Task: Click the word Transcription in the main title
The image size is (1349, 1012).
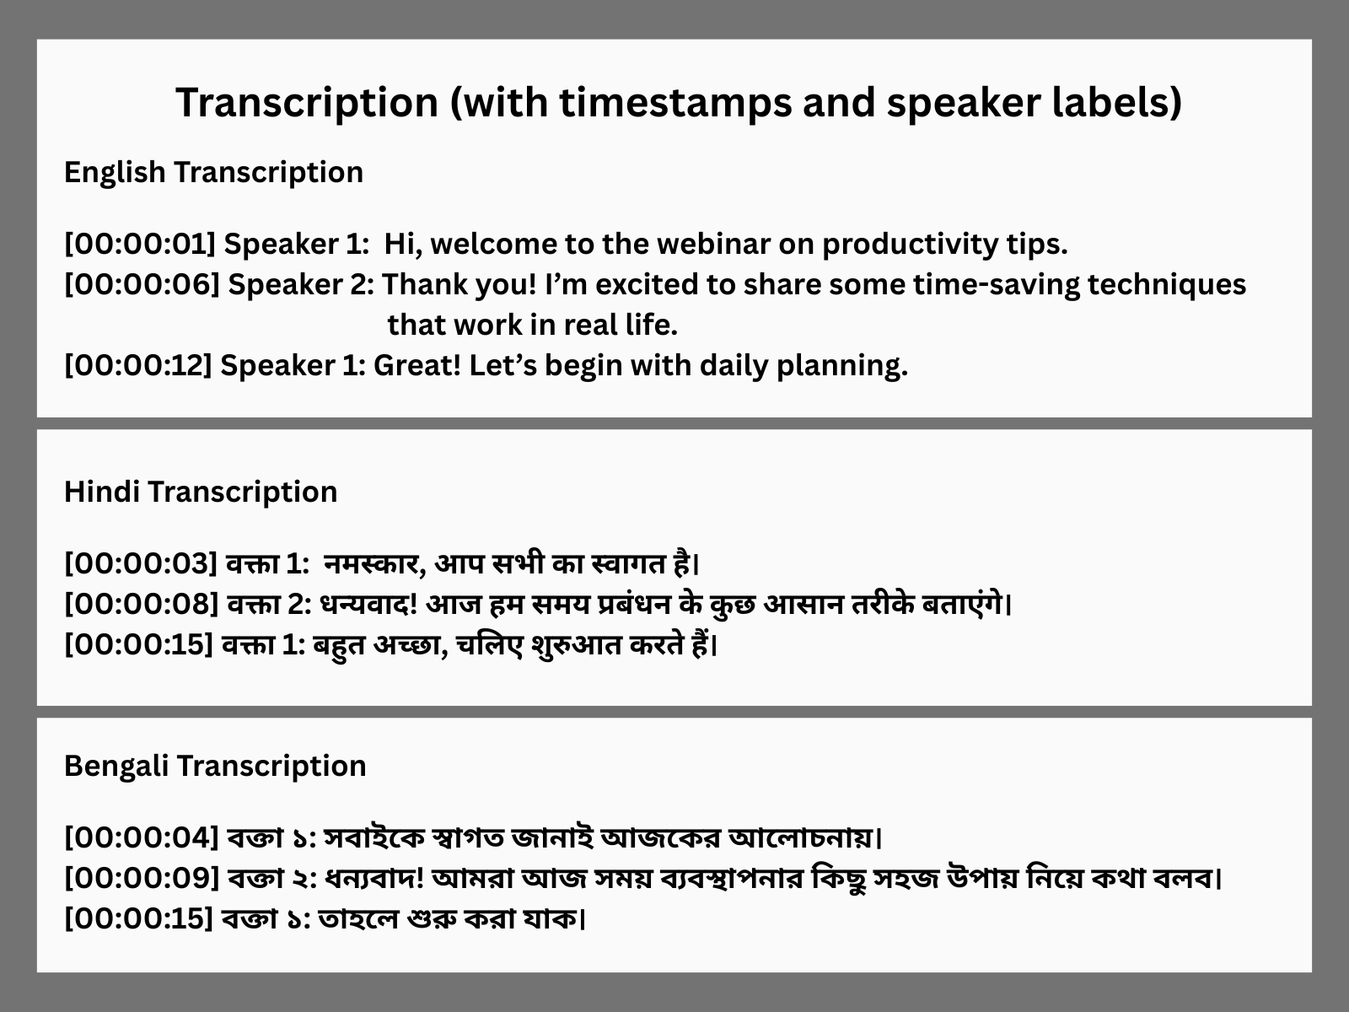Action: (x=307, y=103)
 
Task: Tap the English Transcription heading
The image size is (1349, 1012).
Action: (x=214, y=173)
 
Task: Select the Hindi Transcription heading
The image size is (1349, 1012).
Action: (x=201, y=493)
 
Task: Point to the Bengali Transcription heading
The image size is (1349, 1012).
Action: (x=215, y=767)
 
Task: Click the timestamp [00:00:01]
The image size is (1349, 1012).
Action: (x=140, y=244)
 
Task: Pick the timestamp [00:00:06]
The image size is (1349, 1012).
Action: (x=142, y=284)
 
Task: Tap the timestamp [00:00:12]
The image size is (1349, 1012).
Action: (x=138, y=366)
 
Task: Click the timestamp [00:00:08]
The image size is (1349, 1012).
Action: (x=142, y=605)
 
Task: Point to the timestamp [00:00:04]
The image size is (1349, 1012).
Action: (x=142, y=837)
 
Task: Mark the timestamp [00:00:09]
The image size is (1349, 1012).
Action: (x=142, y=878)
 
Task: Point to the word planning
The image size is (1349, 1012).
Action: (x=842, y=367)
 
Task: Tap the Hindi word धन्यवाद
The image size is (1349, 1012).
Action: (x=368, y=605)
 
